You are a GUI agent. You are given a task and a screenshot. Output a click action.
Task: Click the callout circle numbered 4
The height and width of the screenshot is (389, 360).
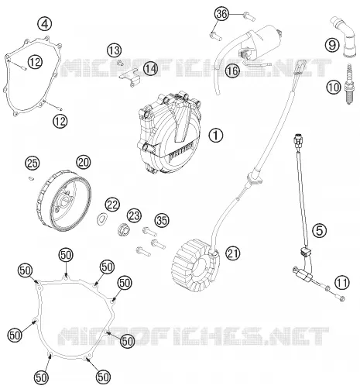point(45,24)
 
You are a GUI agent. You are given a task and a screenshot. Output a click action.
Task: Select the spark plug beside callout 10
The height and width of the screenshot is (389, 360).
point(348,84)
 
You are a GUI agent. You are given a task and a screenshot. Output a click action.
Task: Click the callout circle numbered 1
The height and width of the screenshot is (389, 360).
point(215,136)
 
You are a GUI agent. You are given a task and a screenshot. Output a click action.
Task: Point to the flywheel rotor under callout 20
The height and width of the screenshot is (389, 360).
point(63,201)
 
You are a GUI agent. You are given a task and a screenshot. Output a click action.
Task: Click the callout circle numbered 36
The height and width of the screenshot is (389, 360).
point(221,14)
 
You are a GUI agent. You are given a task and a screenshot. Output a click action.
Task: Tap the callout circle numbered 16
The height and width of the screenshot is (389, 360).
point(232,71)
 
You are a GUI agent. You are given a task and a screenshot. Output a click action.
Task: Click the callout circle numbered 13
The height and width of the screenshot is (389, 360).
point(115,50)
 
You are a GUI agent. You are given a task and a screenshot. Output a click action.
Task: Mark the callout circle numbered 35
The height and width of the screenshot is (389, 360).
point(162,221)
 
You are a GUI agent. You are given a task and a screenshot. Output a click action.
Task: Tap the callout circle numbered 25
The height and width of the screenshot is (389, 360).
point(33,164)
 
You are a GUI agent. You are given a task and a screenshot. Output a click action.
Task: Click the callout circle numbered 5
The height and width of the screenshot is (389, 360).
point(319,231)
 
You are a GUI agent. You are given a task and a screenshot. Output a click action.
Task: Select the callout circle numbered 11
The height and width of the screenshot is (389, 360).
point(342,283)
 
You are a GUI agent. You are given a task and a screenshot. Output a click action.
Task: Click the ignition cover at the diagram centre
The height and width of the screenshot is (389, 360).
point(170,132)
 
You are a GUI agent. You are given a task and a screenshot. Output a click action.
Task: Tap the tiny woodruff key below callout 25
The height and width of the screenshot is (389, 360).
point(31,178)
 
